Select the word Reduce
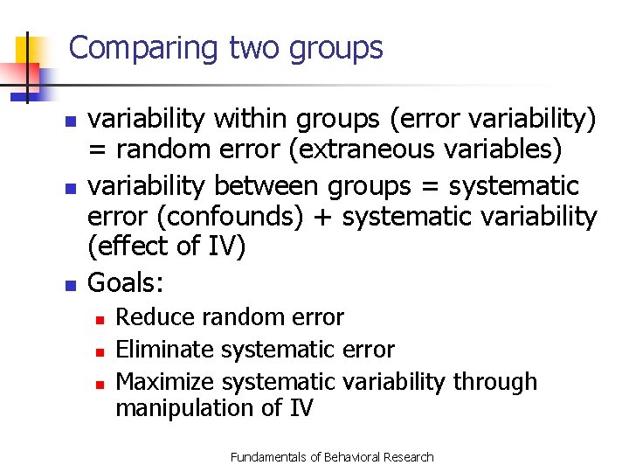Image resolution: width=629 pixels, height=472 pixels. point(154,317)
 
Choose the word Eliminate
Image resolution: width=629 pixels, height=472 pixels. point(166,350)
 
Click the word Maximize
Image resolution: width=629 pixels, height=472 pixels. point(166,382)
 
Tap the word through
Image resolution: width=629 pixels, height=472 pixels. point(502,382)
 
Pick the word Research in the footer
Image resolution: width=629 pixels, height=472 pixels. point(409,457)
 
